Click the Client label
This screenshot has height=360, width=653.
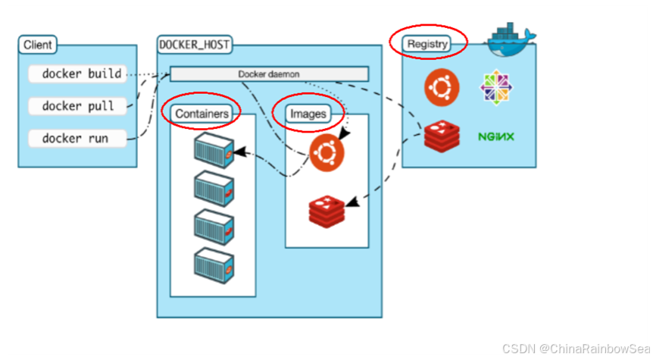pyautogui.click(x=37, y=45)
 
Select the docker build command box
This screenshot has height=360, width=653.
pyautogui.click(x=75, y=74)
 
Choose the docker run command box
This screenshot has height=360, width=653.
pyautogui.click(x=75, y=139)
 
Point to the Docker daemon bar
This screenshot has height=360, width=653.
pyautogui.click(x=269, y=74)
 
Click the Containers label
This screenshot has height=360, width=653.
pyautogui.click(x=202, y=114)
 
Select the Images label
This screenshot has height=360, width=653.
pyautogui.click(x=308, y=114)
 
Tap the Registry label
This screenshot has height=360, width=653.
pyautogui.click(x=428, y=44)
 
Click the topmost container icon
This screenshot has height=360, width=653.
pyautogui.click(x=212, y=149)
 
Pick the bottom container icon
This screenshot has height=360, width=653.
pyautogui.click(x=212, y=263)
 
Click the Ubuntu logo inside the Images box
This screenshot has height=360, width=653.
pyautogui.click(x=326, y=152)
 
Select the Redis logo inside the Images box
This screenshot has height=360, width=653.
pyautogui.click(x=326, y=210)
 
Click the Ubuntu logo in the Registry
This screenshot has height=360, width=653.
pyautogui.click(x=442, y=86)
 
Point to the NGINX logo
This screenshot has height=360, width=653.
pyautogui.click(x=496, y=137)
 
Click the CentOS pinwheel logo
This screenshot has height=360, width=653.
pyautogui.click(x=496, y=87)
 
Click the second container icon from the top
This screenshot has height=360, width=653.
pyautogui.click(x=212, y=186)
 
